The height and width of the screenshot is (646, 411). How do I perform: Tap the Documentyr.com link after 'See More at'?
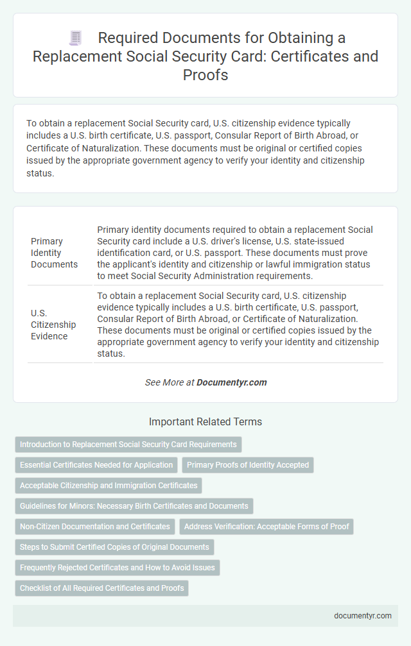[232, 382]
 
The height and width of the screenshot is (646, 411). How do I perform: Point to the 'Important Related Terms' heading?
[205, 422]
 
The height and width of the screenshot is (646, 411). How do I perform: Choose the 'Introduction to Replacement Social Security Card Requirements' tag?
[128, 444]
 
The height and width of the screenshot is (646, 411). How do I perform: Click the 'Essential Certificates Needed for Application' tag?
[96, 464]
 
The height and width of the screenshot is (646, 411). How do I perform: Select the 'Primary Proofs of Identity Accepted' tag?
[248, 464]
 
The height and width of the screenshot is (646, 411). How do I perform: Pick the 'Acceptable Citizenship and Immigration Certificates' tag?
[109, 485]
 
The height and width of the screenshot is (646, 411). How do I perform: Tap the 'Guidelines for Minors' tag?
[134, 506]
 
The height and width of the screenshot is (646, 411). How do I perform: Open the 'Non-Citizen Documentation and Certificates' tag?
[94, 526]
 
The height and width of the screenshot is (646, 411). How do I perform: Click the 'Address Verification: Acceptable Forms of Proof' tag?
[267, 526]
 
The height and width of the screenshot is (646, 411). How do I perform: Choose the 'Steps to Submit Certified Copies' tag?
[114, 547]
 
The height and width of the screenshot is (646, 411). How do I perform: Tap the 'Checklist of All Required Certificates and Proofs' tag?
[101, 588]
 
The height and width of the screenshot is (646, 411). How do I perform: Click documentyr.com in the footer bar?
[363, 615]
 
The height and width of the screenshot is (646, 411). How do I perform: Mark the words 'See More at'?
[170, 382]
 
